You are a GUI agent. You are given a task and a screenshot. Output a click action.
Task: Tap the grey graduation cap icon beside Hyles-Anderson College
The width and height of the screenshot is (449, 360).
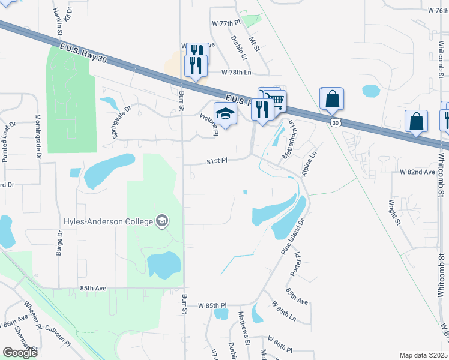[x=161, y=221]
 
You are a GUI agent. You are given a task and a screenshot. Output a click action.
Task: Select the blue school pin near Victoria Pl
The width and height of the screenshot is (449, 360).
[x=225, y=113]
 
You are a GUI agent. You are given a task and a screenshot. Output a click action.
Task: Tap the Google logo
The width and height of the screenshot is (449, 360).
[x=20, y=353]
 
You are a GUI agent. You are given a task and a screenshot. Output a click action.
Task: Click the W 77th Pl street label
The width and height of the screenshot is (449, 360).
[x=226, y=23]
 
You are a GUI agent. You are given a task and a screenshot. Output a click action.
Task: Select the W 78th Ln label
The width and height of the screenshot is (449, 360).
[x=235, y=72]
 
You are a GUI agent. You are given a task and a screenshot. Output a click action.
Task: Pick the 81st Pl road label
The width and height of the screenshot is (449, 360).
[x=217, y=161]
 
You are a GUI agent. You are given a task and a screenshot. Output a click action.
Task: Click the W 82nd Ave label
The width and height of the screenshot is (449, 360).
[x=417, y=172]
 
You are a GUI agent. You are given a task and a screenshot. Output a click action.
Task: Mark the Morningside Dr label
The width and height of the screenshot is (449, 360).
[x=37, y=137]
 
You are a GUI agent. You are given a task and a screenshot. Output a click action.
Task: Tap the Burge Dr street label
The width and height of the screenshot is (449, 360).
[x=59, y=241]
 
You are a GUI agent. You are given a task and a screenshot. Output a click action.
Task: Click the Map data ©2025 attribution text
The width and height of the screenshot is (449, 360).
[x=424, y=355]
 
